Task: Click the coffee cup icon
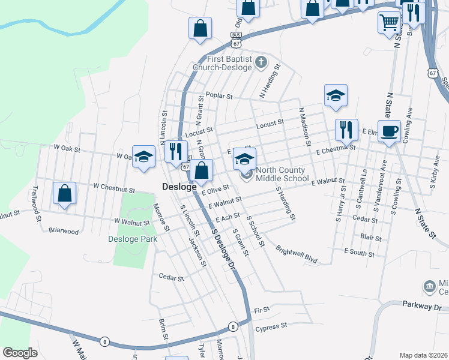pos(389,130)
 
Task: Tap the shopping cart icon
pos(389,22)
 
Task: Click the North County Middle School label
pos(282,174)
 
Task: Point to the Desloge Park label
pos(133,239)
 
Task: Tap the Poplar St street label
pos(218,95)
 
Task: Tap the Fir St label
pos(262,310)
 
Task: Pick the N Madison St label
pos(304,126)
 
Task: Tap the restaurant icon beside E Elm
pos(346,130)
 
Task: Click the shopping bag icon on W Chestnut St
pos(64,193)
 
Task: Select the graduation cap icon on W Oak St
pos(143,157)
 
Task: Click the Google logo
pos(20,353)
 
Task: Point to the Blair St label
pos(372,238)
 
